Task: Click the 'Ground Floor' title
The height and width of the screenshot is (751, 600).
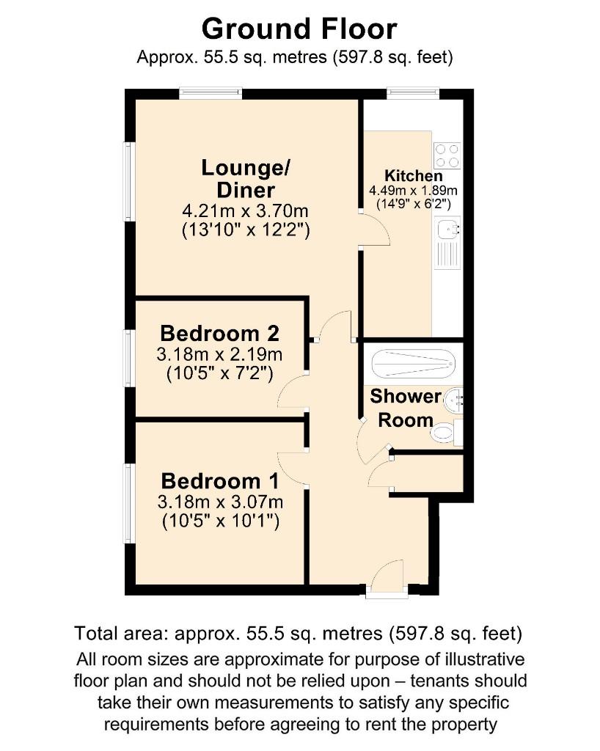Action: click(299, 29)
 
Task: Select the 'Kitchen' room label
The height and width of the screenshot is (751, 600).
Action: click(414, 176)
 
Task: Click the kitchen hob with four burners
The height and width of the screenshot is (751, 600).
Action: click(447, 154)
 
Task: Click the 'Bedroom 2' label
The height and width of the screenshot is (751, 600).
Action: click(219, 333)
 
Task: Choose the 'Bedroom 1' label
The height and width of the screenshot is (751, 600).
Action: click(219, 481)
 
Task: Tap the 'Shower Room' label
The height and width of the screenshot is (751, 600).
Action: click(405, 409)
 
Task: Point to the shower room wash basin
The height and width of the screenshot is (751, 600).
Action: click(456, 400)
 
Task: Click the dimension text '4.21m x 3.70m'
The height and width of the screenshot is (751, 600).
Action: click(246, 212)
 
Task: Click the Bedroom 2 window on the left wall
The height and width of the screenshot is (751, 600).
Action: click(128, 357)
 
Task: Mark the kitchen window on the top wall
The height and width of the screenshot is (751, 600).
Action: click(413, 93)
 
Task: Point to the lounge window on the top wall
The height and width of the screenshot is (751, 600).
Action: click(211, 93)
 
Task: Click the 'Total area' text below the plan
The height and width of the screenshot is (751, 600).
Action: click(298, 632)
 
